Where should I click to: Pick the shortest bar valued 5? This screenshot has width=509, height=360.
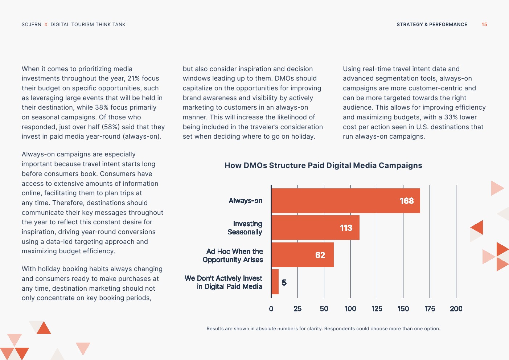click(275, 282)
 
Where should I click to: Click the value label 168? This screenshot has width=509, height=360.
click(407, 201)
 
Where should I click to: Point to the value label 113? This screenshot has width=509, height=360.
click(346, 228)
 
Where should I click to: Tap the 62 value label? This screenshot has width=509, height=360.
click(320, 255)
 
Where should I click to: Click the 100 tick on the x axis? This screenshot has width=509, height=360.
click(350, 309)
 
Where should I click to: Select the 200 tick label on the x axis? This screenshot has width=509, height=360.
click(456, 309)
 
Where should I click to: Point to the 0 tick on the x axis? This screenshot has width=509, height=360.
click(271, 309)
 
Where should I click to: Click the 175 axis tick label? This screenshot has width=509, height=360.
click(430, 309)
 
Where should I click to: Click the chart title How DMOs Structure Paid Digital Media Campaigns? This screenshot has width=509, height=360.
click(323, 165)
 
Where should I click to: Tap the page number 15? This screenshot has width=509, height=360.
click(484, 25)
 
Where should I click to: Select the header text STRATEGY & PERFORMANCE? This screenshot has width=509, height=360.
click(432, 25)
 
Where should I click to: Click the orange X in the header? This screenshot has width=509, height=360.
click(46, 25)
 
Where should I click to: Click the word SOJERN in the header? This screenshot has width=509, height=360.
click(32, 25)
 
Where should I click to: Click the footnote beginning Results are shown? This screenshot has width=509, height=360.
click(323, 329)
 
